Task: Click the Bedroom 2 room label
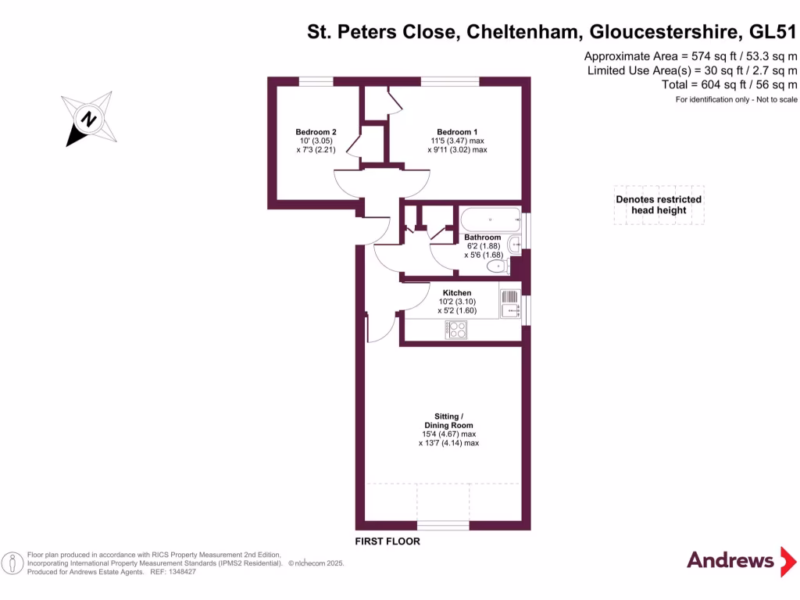tap(316, 131)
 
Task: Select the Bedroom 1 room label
tap(457, 131)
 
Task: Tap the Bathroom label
tap(482, 237)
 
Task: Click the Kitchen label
tap(457, 293)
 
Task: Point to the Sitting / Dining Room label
tap(448, 420)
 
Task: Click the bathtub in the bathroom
tap(490, 218)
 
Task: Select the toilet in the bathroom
tap(497, 267)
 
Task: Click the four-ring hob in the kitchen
tap(455, 330)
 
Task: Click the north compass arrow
tap(89, 120)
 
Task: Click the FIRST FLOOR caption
tap(387, 541)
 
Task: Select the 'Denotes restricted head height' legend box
tap(659, 205)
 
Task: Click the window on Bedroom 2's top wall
tap(316, 80)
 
